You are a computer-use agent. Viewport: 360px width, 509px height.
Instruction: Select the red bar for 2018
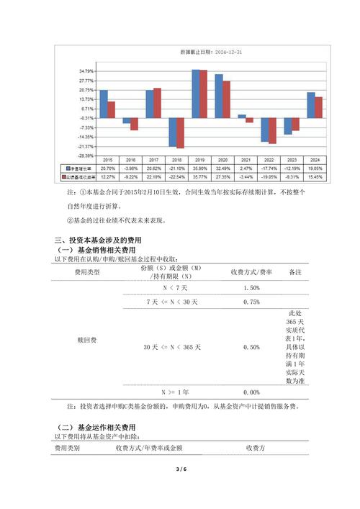180,133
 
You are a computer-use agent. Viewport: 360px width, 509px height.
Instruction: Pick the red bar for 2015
112,109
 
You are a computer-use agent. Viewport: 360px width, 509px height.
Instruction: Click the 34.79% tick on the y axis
86,71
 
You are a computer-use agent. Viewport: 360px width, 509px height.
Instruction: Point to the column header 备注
295,273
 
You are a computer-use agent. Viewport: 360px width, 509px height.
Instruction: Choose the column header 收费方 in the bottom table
256,448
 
